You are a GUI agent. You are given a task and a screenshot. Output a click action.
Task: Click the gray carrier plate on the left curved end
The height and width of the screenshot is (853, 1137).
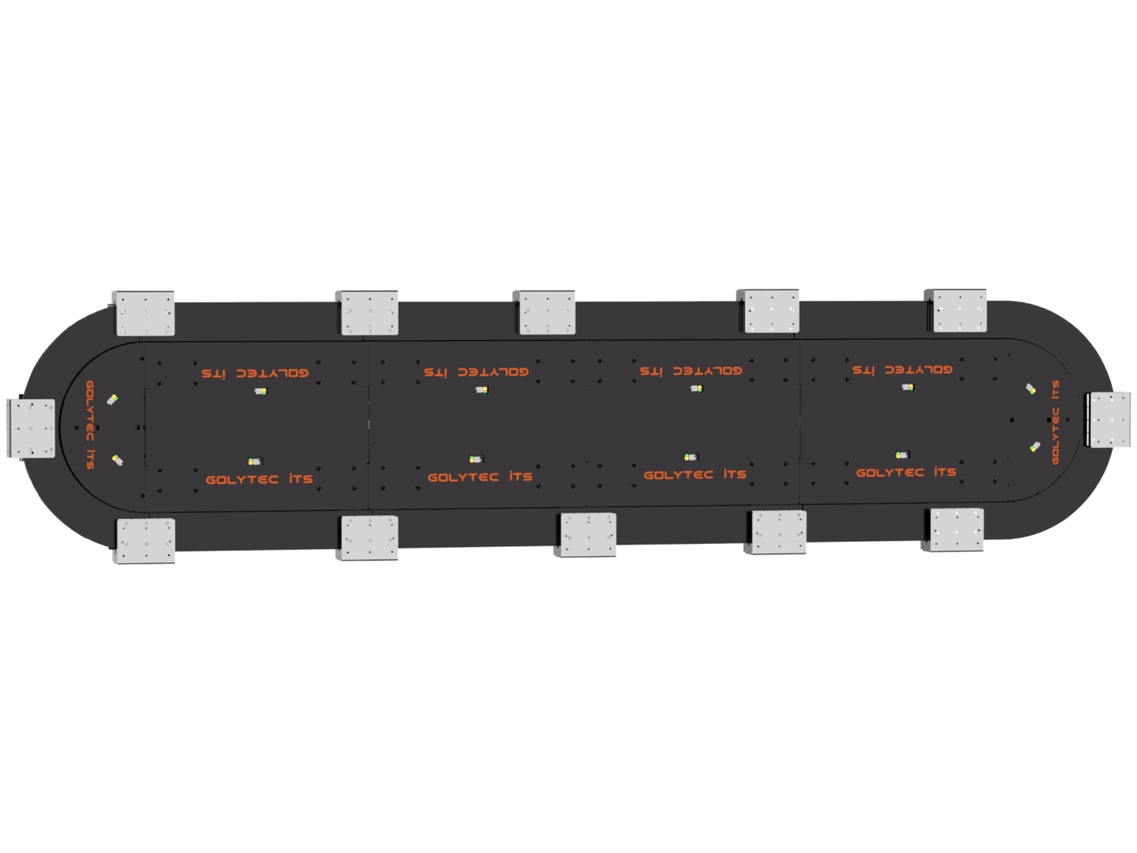tap(30, 428)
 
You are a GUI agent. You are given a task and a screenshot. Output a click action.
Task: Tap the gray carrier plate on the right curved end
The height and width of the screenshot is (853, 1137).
tap(1109, 419)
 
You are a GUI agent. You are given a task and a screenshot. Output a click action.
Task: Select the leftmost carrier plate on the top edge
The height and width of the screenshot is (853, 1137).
tap(144, 313)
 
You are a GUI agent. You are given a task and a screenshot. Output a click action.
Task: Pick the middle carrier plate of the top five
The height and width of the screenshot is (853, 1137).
tap(545, 312)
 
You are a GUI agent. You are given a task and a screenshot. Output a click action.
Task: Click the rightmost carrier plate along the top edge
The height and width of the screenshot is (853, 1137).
tap(957, 310)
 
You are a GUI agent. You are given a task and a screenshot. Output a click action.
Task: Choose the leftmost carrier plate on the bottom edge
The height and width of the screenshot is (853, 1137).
tap(146, 540)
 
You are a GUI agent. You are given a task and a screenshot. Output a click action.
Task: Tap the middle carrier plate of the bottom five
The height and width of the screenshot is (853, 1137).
tap(586, 535)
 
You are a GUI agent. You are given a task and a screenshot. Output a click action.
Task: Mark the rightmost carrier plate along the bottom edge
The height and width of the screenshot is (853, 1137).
tap(955, 530)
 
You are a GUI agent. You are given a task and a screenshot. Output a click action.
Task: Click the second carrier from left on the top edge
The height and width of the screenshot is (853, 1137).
tap(369, 312)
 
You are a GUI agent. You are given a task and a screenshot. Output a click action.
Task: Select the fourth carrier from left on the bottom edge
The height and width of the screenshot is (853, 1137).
tap(777, 532)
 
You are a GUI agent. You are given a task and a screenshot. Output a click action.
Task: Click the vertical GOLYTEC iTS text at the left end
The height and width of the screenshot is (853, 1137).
tap(90, 425)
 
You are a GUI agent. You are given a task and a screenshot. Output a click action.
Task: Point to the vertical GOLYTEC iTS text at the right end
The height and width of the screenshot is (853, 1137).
tap(1055, 422)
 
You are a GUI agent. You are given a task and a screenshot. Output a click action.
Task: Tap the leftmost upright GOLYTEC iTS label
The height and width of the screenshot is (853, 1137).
tap(259, 479)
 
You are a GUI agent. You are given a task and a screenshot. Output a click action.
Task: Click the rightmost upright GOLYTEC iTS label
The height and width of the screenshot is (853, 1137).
tap(906, 473)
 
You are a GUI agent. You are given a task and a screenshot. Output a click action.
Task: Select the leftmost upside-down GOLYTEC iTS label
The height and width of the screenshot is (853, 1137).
tap(255, 373)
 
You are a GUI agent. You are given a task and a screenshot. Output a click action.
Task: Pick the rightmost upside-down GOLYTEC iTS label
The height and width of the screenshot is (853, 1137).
tap(902, 370)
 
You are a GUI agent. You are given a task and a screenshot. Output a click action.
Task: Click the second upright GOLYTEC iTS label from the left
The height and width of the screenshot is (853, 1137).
tap(480, 477)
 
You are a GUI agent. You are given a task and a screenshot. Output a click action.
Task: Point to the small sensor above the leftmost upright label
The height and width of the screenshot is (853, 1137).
tap(255, 461)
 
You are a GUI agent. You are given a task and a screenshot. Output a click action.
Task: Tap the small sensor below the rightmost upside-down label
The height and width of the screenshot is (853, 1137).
tap(907, 387)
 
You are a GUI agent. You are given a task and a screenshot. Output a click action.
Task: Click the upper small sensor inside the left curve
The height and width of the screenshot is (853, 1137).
tap(113, 400)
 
